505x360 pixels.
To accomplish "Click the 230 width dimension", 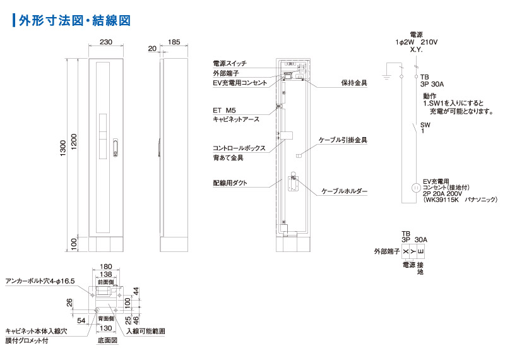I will point(106,42).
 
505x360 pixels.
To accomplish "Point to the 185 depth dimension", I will point(174,42).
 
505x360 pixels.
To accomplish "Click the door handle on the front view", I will point(115,147).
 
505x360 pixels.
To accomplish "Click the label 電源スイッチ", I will point(230,64).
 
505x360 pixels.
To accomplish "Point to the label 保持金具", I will point(354,83).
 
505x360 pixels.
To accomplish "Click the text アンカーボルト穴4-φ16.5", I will point(40,280).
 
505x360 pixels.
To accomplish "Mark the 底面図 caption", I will point(107,340).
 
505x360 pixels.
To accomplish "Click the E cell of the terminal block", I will point(421,252).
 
